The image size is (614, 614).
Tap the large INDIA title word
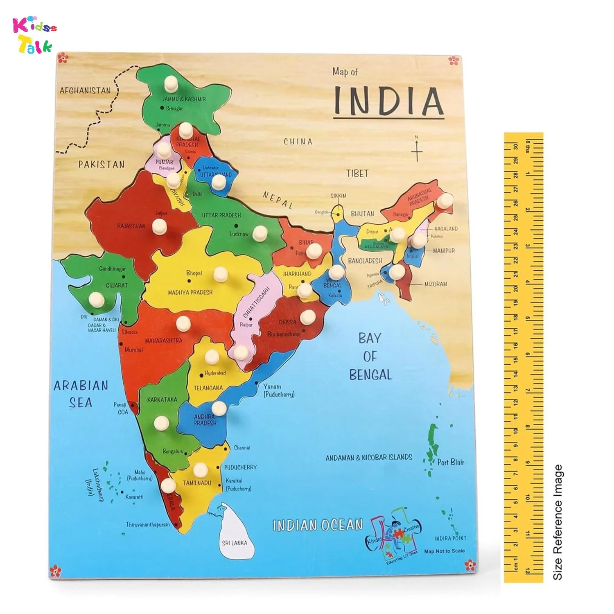[x=388, y=101]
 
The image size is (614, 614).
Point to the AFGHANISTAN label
[x=85, y=90]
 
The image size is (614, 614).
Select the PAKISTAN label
[x=101, y=165]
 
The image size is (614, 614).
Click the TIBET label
[x=357, y=174]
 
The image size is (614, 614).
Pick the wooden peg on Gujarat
[x=97, y=299]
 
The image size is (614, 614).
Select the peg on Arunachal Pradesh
[x=445, y=201]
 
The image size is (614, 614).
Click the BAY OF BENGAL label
[x=370, y=356]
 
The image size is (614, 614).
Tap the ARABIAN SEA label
[x=81, y=394]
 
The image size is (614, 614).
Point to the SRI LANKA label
[x=235, y=543]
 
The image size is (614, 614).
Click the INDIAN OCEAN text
[x=318, y=525]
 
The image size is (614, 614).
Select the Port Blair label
[x=451, y=462]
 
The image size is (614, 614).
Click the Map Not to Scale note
[x=444, y=551]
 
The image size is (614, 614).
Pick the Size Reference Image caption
[x=558, y=522]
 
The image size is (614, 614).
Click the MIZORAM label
[x=436, y=284]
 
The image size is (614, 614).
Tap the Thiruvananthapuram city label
[x=147, y=524]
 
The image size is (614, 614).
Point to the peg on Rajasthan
[x=160, y=226]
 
